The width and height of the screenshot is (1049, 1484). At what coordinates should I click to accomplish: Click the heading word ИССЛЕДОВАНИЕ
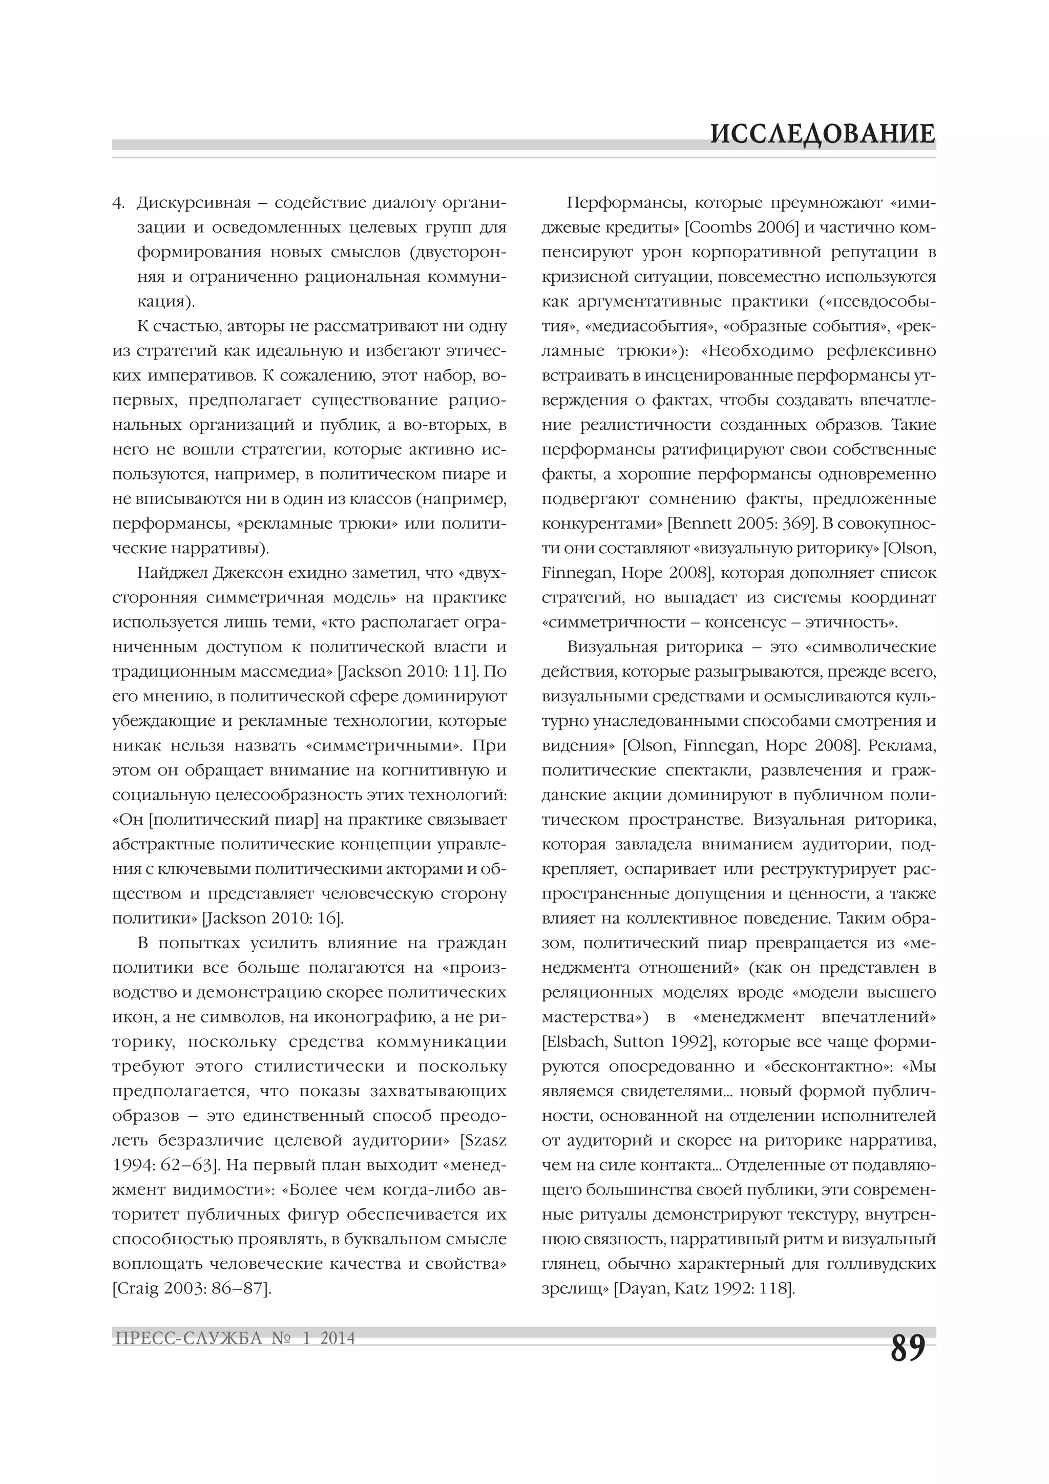822,133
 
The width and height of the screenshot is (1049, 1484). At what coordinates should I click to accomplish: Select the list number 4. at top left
118,203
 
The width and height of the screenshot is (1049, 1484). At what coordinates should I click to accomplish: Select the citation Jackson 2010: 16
273,919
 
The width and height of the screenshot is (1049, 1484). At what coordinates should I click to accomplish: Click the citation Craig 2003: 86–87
192,1289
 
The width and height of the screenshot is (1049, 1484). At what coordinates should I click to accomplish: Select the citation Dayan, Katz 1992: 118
703,1289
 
